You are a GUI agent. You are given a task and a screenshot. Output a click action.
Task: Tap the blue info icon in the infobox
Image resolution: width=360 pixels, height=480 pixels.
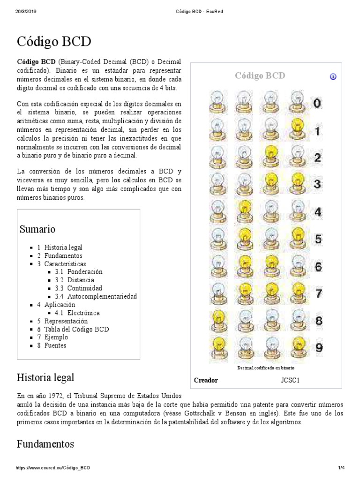333,76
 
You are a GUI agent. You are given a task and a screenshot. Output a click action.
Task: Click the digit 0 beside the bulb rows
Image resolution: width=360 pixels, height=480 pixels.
317,104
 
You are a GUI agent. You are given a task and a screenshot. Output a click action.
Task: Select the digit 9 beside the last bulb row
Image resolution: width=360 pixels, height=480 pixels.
318,348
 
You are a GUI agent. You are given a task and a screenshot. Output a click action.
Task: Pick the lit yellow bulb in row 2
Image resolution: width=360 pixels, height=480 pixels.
271,154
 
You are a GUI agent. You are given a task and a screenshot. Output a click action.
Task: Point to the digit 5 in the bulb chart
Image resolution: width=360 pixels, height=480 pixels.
318,239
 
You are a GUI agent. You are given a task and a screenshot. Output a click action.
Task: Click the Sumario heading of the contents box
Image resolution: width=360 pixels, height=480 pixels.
37,229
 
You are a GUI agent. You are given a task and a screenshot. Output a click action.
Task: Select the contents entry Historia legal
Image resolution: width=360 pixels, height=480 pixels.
63,247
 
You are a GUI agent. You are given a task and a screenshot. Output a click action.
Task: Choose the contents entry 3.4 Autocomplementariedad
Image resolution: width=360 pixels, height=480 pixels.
102,296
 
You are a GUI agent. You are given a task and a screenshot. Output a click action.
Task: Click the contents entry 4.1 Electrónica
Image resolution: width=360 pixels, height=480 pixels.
83,313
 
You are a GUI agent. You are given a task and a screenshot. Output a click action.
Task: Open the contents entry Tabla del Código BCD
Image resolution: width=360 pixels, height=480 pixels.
76,329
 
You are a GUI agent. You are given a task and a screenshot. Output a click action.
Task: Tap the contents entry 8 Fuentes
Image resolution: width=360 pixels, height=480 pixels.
55,345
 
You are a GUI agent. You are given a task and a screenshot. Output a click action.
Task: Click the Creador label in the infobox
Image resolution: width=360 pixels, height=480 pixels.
206,380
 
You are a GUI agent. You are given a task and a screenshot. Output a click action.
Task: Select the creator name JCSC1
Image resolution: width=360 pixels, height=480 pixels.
290,380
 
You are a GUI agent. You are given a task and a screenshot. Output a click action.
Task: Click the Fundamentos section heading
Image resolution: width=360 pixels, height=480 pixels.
45,444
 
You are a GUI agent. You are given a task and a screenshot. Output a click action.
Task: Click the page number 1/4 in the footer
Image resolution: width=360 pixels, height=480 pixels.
341,468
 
